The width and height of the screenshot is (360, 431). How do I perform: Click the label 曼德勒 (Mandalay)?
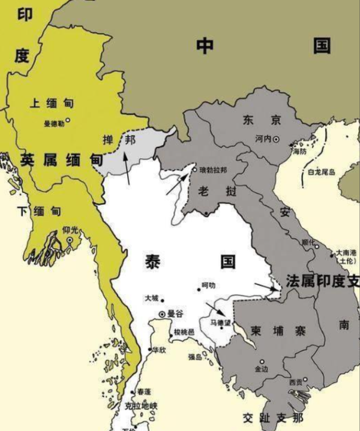pyautogui.click(x=53, y=125)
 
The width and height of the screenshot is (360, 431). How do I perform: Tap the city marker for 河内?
pyautogui.click(x=276, y=139)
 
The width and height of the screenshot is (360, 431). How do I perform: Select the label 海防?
pyautogui.click(x=299, y=153)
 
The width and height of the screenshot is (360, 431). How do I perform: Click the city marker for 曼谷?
pyautogui.click(x=162, y=314)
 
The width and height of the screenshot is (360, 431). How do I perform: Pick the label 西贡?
pyautogui.click(x=295, y=382)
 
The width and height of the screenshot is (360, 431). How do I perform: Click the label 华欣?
pyautogui.click(x=159, y=349)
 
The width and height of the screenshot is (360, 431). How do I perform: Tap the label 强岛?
pyautogui.click(x=196, y=357)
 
